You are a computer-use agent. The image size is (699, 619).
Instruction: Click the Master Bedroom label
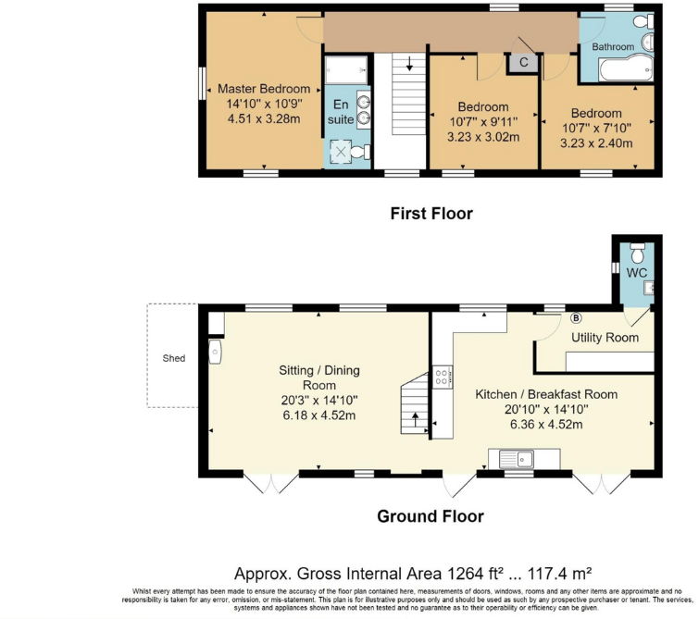tap(263, 89)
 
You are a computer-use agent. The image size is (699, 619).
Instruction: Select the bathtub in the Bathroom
tap(621, 69)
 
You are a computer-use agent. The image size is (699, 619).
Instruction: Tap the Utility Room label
tap(605, 338)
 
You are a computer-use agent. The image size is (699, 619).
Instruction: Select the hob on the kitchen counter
tap(442, 377)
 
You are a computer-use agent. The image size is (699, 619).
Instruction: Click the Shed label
tap(174, 357)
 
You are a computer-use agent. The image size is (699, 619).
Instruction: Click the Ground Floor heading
tap(430, 516)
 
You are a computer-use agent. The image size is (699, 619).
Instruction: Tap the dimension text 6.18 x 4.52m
tap(319, 415)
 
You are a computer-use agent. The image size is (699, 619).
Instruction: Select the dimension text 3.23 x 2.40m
tap(597, 143)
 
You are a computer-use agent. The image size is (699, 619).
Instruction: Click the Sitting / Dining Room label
tap(319, 378)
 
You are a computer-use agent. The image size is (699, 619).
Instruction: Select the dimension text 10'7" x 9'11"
tap(482, 121)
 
